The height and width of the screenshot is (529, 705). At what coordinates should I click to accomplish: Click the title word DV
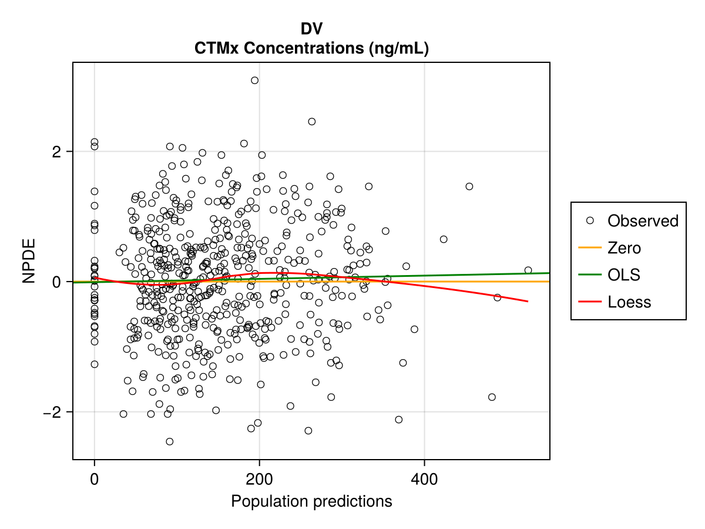pos(311,29)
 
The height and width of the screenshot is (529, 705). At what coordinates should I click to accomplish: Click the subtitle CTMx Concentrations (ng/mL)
pos(311,49)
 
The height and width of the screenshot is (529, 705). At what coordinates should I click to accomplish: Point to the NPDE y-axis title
pos(30,260)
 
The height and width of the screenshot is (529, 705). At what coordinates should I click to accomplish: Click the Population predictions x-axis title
pos(311,501)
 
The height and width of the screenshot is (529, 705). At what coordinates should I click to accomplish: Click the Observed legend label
pos(643,221)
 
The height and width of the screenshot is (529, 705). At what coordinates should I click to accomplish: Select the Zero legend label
pos(624,248)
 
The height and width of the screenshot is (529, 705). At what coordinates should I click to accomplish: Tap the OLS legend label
pos(624,275)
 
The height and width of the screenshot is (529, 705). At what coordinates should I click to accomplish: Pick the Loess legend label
pos(629,302)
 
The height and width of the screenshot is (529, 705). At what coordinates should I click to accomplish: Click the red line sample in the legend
pos(590,302)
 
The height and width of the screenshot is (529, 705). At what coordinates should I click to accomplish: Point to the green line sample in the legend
pos(590,275)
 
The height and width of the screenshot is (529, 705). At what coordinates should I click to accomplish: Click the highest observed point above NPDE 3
pos(254,81)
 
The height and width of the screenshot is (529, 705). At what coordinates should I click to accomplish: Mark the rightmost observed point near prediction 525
pos(528,270)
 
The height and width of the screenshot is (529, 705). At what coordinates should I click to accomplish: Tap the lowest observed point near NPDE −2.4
pos(169,441)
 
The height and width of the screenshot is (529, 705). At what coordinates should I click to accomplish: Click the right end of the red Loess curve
pos(528,301)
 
